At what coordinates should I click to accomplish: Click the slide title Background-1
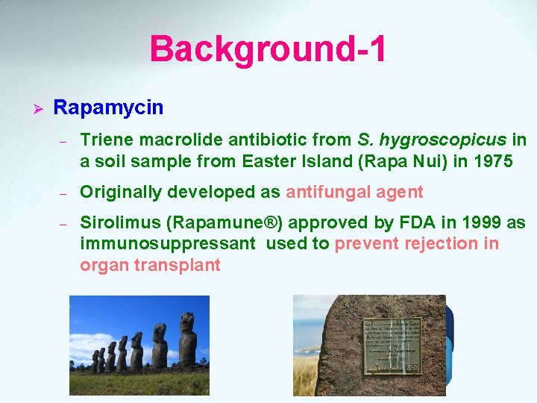point(268,49)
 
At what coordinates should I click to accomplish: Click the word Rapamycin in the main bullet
point(108,107)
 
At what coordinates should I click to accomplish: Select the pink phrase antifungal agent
point(354,192)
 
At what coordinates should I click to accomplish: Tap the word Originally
point(121,192)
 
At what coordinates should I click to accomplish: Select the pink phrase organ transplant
point(150,265)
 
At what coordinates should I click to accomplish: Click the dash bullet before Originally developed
point(64,193)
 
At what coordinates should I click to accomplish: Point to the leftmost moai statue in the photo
point(95,362)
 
